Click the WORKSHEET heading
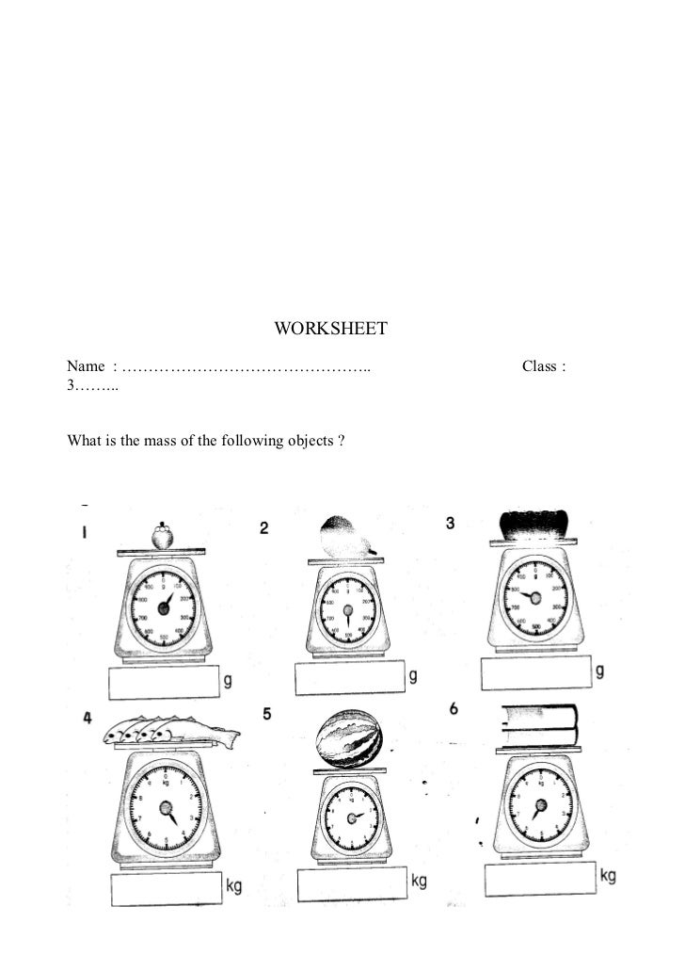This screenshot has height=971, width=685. [x=330, y=330]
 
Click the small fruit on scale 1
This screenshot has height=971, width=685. [x=164, y=536]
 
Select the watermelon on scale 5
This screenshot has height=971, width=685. [x=347, y=736]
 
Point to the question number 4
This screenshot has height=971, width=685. [x=87, y=718]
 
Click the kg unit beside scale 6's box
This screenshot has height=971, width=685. [x=608, y=877]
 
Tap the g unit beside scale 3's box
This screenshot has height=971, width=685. [x=600, y=671]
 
